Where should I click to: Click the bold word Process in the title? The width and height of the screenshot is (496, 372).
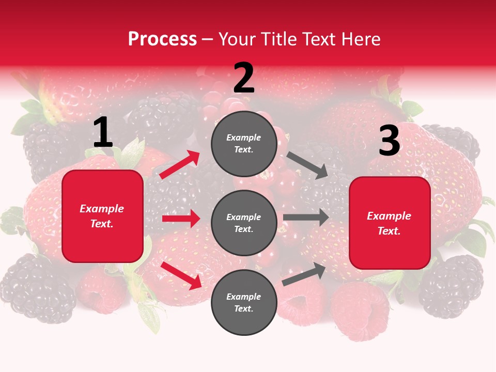(162, 39)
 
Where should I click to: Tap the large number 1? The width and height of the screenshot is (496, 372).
(103, 132)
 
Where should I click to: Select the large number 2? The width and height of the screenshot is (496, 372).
(244, 79)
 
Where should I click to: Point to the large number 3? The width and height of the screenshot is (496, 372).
(389, 141)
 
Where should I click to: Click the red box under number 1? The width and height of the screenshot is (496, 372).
(102, 216)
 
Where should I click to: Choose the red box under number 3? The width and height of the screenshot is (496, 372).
(390, 223)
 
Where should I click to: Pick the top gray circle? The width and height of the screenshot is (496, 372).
(244, 144)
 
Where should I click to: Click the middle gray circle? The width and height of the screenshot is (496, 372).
(244, 223)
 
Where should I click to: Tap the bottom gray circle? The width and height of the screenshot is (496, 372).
(244, 302)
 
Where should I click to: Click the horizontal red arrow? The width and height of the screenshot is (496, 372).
(181, 219)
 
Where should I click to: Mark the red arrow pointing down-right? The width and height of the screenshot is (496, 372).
(181, 275)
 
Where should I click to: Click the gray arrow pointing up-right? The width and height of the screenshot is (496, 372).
(304, 274)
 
